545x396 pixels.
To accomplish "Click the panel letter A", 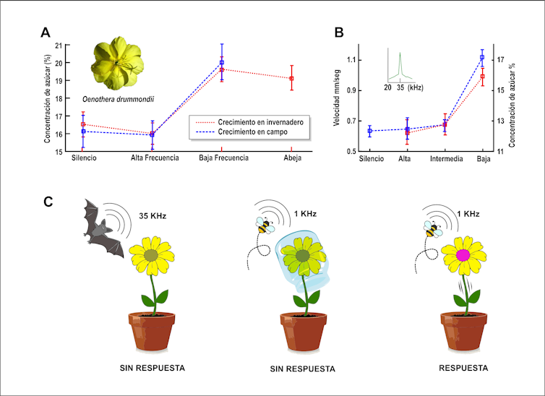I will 46,32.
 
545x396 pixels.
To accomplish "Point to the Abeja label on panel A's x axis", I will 291,157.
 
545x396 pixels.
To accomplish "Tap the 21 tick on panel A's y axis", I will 60,45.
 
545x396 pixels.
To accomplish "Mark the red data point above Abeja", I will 291,78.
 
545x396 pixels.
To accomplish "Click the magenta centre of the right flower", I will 463,255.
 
